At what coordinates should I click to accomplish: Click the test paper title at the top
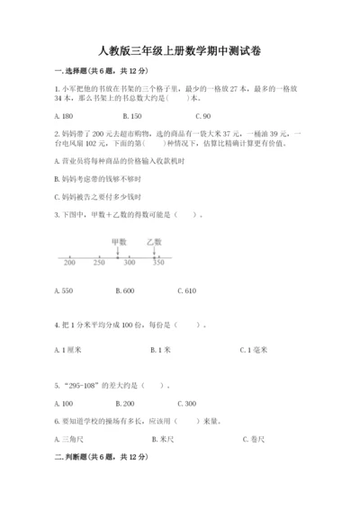[179, 50]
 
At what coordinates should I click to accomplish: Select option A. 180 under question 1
[63, 117]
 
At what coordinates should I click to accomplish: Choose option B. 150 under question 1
[130, 117]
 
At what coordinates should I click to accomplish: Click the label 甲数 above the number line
[119, 242]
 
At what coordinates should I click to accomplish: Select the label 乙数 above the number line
[153, 242]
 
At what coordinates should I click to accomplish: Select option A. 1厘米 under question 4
[67, 349]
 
